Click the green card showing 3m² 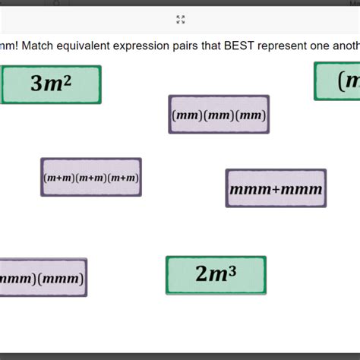click(51, 84)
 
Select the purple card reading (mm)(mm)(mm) click(219, 115)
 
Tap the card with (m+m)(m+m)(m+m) click(91, 178)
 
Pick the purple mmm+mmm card click(276, 188)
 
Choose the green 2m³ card click(216, 275)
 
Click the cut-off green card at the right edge click(338, 81)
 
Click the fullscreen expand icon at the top click(181, 20)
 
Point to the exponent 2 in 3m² click(67, 78)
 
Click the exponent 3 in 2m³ click(232, 269)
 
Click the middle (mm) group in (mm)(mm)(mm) click(219, 115)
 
